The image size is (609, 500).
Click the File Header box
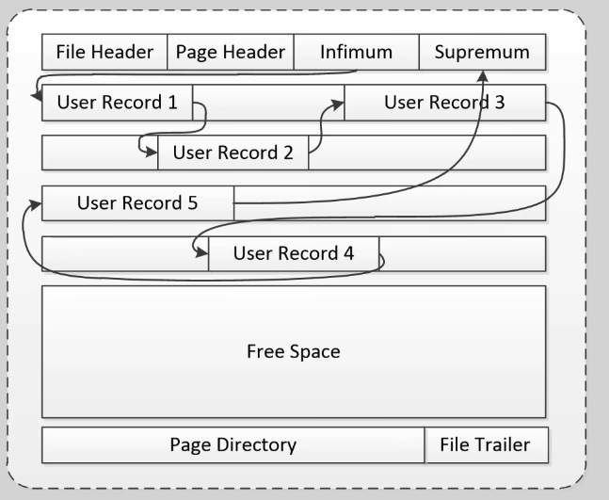(104, 53)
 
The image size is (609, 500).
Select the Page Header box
(231, 53)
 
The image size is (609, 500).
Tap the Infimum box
(356, 53)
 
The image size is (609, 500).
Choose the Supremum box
(481, 53)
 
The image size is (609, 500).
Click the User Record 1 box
(118, 103)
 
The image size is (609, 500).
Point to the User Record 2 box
(233, 153)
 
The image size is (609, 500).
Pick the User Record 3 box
(444, 103)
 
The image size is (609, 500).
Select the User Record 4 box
(293, 253)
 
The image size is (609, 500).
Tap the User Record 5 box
(137, 202)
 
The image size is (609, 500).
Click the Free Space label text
(293, 352)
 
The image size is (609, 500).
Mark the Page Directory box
(232, 444)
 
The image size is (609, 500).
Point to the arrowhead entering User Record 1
(37, 102)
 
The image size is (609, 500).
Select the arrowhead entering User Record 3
(339, 107)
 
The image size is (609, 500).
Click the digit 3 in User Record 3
(499, 103)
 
